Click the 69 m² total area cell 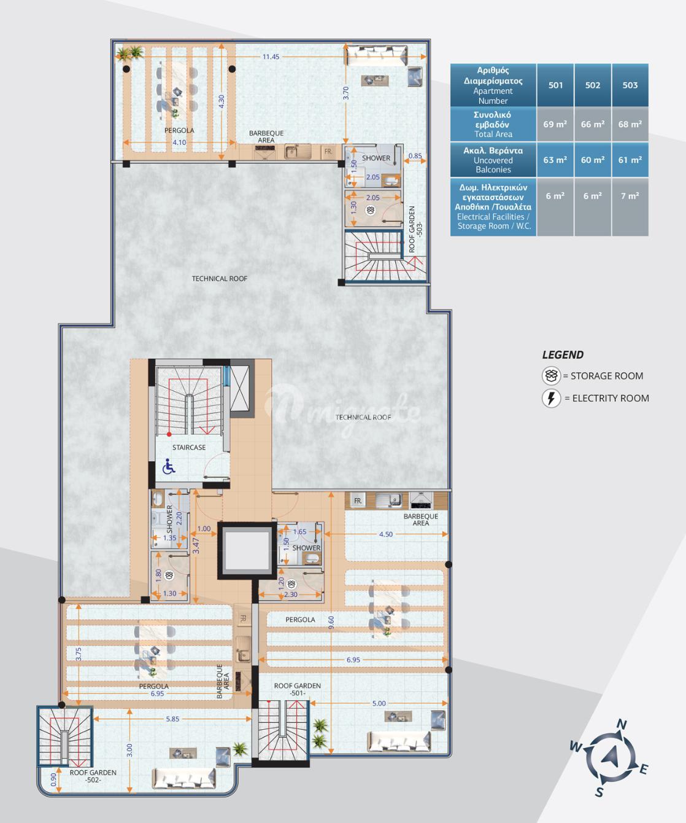coord(555,124)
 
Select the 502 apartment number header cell coord(593,85)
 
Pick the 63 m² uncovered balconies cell coord(555,160)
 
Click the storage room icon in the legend coord(551,376)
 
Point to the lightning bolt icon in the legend coord(551,398)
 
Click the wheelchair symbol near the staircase coord(169,466)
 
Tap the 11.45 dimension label coord(271,57)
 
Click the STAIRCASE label coord(189,447)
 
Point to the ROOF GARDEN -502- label coord(93,776)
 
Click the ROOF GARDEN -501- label coord(298,689)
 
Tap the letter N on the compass coord(622,725)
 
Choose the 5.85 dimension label coord(172,719)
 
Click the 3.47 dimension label coord(196,545)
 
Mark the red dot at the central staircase coord(169,434)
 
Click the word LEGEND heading coord(563,355)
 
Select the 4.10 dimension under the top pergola coord(179,142)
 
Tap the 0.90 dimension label coord(54,779)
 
